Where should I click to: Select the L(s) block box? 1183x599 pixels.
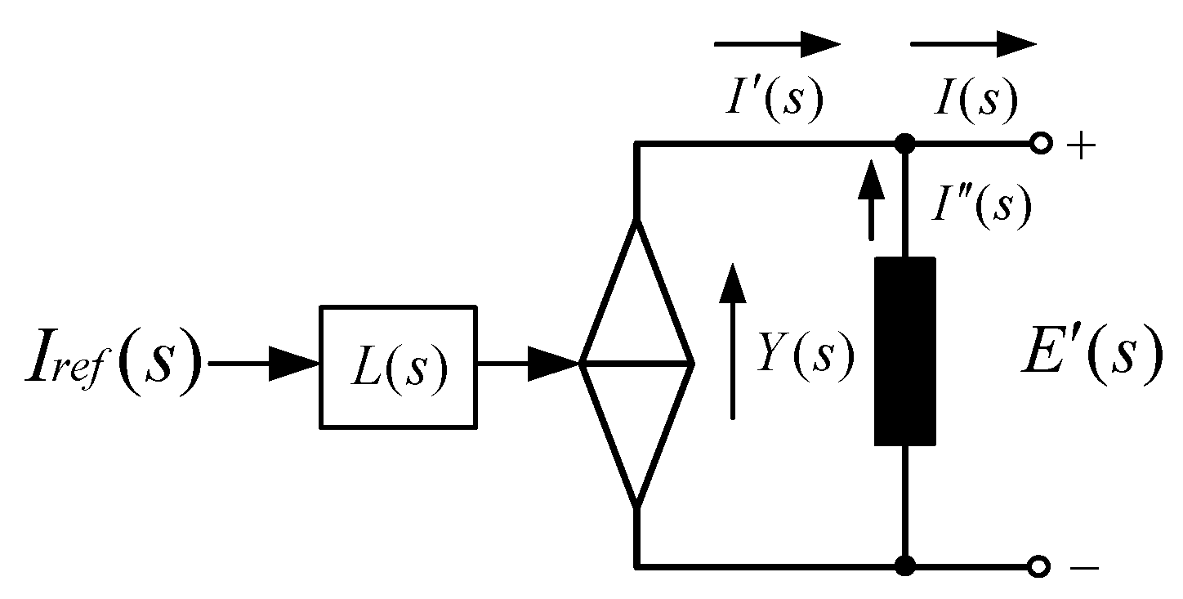coord(398,366)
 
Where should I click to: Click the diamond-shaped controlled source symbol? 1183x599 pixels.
coord(636,364)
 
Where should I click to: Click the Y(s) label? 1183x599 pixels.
coord(805,356)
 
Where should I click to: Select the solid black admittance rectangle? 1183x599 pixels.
coord(904,351)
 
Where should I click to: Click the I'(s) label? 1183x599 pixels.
coord(772,101)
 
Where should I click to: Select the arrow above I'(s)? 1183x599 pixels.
coord(777,44)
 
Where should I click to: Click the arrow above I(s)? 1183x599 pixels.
coord(973,44)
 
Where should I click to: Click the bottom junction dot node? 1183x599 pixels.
coord(904,565)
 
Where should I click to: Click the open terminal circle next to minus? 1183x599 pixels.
coord(1039,565)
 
